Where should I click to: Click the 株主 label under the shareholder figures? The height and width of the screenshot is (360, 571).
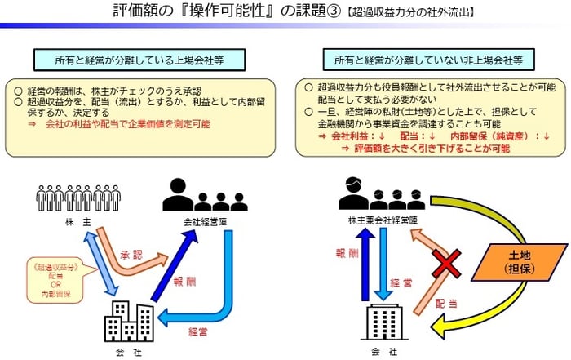[x=77, y=222]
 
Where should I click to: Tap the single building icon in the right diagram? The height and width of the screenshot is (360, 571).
[x=381, y=322]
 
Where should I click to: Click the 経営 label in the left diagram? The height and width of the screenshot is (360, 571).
[x=201, y=331]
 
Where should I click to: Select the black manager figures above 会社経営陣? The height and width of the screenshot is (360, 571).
[x=204, y=195]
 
